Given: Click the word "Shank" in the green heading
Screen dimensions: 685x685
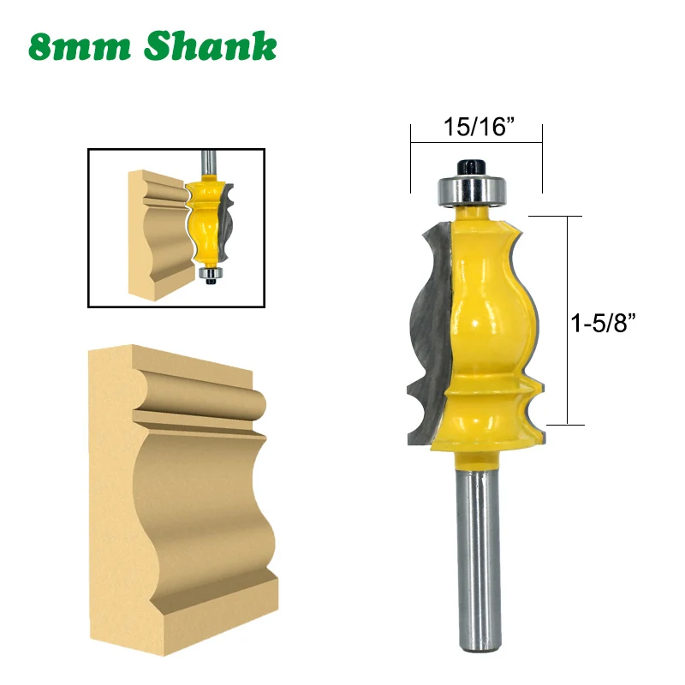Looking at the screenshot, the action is [x=210, y=45].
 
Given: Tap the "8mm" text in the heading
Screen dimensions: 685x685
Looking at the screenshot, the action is [x=80, y=47].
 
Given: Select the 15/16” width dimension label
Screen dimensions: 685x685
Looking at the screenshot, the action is [x=479, y=126].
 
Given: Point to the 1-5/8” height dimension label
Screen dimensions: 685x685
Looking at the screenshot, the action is [x=603, y=323].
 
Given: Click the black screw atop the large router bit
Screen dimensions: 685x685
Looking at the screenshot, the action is [x=473, y=167].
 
